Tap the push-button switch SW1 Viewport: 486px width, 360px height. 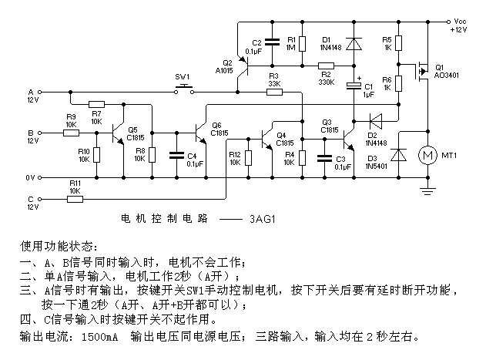(x=183, y=92)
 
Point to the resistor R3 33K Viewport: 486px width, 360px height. (x=274, y=92)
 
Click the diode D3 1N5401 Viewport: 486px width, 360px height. (x=398, y=154)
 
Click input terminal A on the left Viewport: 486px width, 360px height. (x=30, y=91)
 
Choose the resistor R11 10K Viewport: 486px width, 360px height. (x=75, y=198)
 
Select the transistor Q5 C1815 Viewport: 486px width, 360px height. (x=118, y=133)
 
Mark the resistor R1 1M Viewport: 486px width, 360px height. (x=302, y=44)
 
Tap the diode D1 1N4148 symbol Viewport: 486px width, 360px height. (x=354, y=44)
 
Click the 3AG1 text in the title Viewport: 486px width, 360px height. (x=262, y=219)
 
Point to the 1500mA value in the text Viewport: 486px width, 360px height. (x=98, y=337)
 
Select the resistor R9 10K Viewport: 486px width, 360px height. (x=71, y=133)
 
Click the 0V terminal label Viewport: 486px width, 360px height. (x=31, y=177)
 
